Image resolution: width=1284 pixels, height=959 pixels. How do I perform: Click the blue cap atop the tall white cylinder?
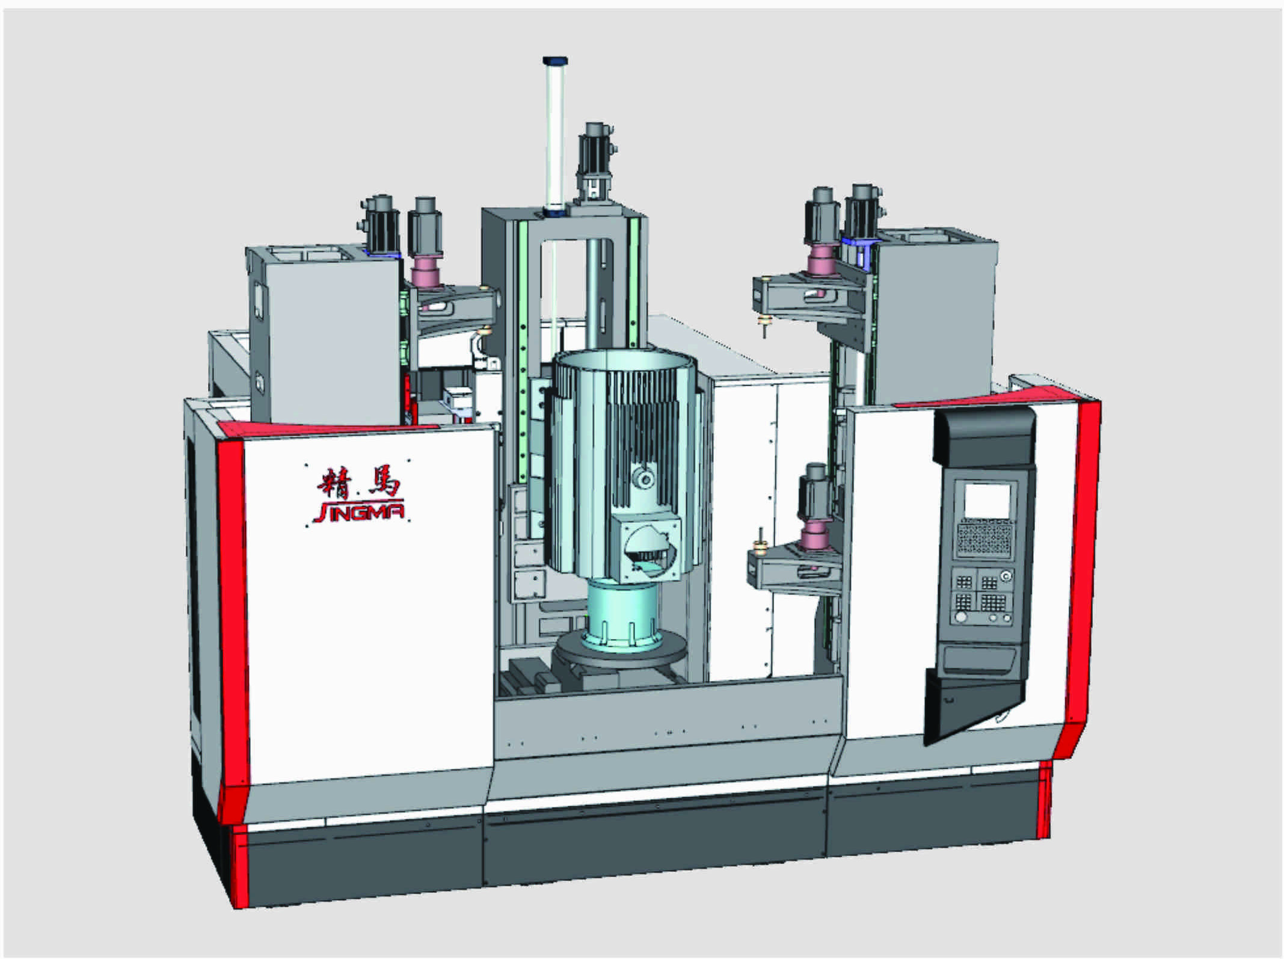pos(554,61)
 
